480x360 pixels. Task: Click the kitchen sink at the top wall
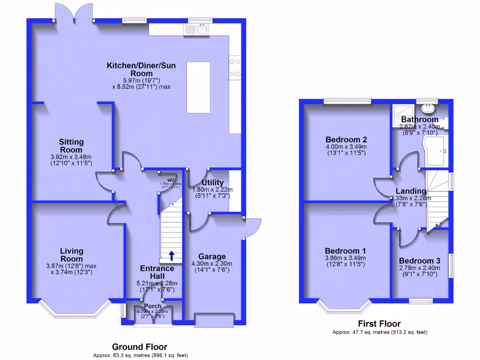[x=202, y=29]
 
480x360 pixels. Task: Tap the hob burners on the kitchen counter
[x=235, y=67]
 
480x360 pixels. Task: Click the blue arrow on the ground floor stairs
[x=172, y=255]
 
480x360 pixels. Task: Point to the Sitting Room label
[x=71, y=146]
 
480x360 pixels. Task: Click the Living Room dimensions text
[x=71, y=269]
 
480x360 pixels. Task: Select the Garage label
[x=212, y=256]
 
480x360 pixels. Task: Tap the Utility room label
[x=212, y=182]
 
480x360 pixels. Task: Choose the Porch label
[x=152, y=306]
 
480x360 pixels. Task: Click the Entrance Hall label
[x=157, y=272]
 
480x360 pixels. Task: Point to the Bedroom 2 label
[x=346, y=139]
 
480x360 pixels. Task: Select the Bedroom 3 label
[x=420, y=261]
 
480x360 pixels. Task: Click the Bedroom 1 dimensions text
[x=345, y=261]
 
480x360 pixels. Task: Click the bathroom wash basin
[x=427, y=109]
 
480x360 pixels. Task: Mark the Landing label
[x=411, y=191]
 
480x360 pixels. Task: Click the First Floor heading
[x=379, y=323]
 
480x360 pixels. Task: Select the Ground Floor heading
[x=139, y=347]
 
